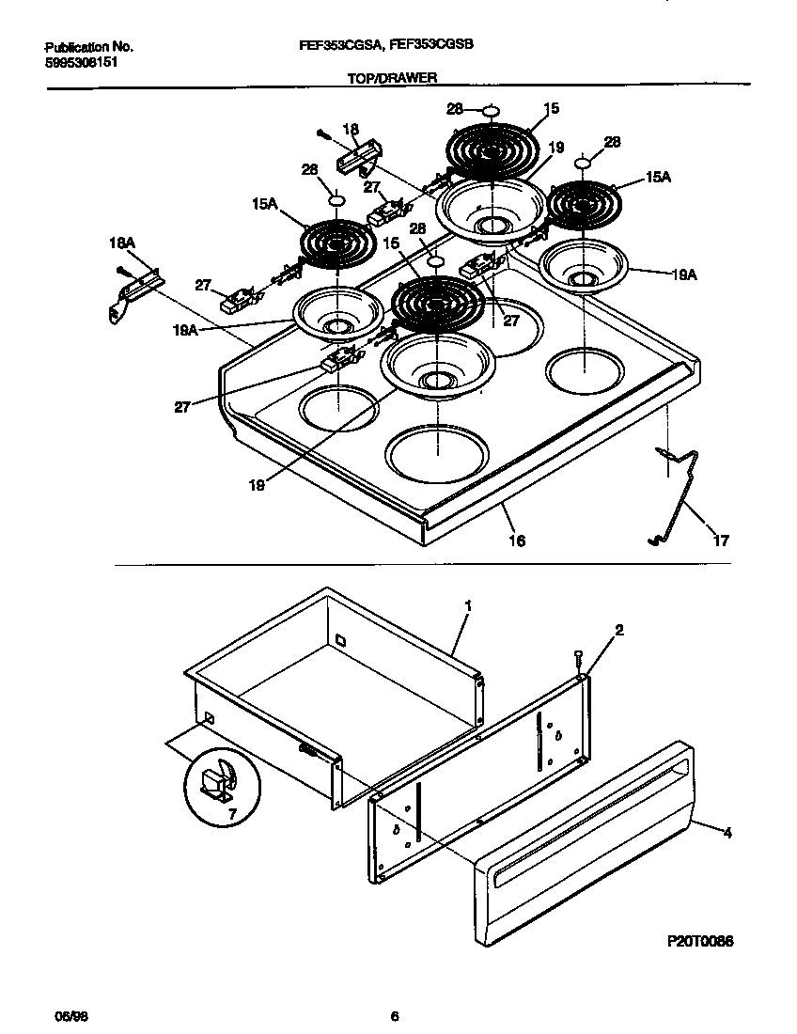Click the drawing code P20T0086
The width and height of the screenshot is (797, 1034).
coord(700,941)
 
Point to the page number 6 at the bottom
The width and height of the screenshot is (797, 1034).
coord(396,1016)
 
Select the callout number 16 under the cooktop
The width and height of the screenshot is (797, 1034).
coord(517,540)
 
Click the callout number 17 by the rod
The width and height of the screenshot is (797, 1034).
coord(721,541)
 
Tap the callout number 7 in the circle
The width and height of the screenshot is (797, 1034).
coord(231,812)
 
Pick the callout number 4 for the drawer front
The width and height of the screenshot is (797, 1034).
coord(727,832)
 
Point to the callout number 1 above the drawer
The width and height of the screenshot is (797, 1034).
coord(467,606)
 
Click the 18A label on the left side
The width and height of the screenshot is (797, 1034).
coord(123,243)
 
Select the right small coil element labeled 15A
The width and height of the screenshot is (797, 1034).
coord(584,203)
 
